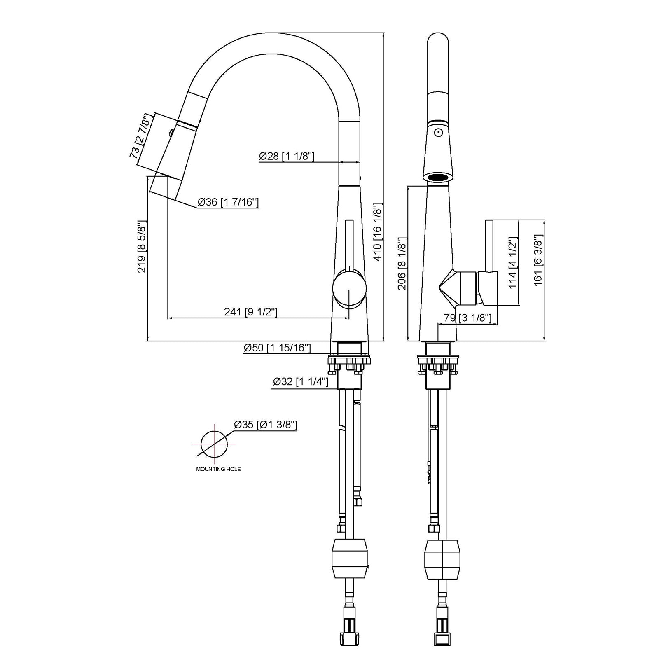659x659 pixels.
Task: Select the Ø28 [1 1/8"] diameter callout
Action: (287, 156)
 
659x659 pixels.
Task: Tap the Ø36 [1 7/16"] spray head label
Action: (228, 202)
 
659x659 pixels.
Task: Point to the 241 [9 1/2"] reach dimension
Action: (250, 312)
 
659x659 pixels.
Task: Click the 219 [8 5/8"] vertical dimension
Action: (142, 246)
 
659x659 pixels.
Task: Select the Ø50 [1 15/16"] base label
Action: (277, 348)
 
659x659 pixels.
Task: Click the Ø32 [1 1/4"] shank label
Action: (300, 382)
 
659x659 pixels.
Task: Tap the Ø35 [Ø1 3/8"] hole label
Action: (265, 425)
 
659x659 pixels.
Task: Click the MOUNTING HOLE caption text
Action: (218, 469)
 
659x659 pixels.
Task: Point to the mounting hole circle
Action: (214, 445)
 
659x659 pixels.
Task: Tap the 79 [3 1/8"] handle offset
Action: (467, 318)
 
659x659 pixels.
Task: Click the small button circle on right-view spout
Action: (438, 133)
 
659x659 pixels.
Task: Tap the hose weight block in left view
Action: (349, 559)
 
